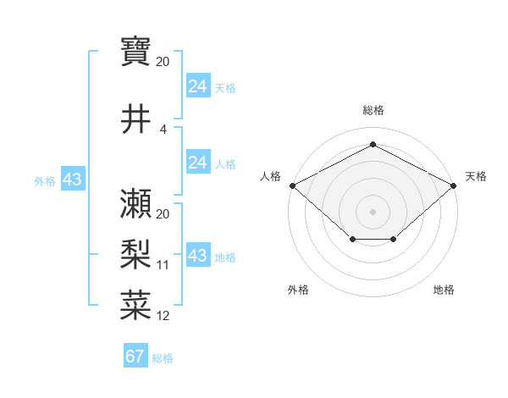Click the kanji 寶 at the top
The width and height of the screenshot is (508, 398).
click(x=135, y=52)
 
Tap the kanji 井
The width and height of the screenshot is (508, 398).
click(x=135, y=119)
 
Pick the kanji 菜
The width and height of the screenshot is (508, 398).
click(x=135, y=303)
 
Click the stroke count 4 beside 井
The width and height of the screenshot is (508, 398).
click(x=163, y=130)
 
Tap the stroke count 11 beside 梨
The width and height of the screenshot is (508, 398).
click(x=163, y=265)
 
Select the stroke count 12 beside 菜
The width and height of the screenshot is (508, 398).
click(x=163, y=316)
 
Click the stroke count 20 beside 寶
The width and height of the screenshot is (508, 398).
click(x=163, y=62)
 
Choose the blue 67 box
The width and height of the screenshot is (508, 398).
click(x=135, y=357)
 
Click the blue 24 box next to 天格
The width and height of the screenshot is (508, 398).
click(x=197, y=86)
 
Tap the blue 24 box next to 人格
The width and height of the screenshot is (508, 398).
click(x=197, y=163)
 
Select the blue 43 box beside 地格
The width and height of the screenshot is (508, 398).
click(x=197, y=256)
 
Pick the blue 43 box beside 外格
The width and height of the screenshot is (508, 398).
click(x=71, y=180)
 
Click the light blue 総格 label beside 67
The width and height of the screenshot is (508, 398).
click(x=163, y=358)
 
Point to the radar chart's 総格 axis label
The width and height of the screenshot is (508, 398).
click(x=373, y=110)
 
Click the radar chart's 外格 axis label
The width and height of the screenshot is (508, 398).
click(x=298, y=290)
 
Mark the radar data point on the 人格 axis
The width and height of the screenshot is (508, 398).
click(x=292, y=185)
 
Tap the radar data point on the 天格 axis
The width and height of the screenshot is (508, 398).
click(x=454, y=185)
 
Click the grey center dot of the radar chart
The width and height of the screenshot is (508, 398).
click(x=373, y=211)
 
